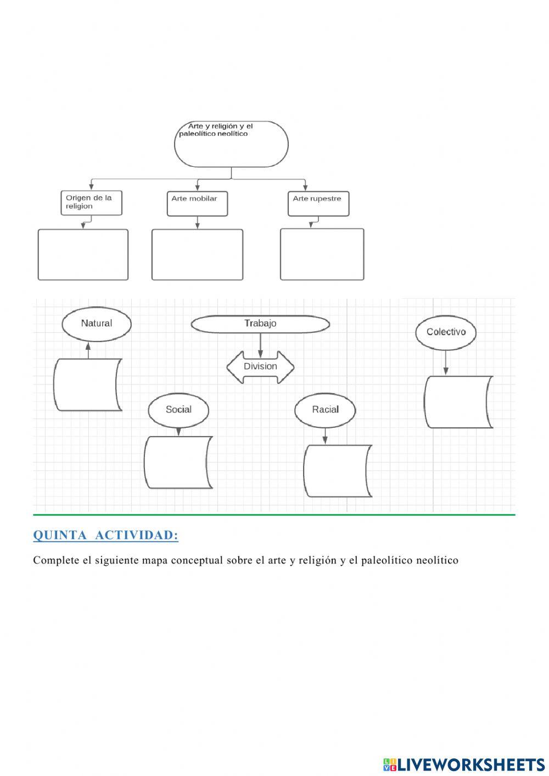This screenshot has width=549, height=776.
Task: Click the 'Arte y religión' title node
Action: (231, 144)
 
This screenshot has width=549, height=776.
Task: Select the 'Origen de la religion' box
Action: (91, 203)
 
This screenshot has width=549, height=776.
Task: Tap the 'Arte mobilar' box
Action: (197, 203)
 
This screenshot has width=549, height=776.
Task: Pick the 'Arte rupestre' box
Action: (318, 203)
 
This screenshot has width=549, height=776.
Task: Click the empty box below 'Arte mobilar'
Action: (197, 254)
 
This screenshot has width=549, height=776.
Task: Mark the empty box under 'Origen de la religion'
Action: (83, 254)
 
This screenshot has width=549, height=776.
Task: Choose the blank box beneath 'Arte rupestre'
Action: (322, 254)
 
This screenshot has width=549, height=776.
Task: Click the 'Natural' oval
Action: (97, 323)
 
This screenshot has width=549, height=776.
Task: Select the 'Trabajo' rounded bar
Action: (260, 324)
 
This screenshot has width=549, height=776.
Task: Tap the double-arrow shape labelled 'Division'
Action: (260, 367)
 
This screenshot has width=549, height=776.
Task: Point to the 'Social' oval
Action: (178, 410)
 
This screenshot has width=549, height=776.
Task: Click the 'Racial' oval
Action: (325, 410)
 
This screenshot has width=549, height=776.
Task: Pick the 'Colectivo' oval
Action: (446, 332)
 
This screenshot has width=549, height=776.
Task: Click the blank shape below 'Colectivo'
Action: (458, 402)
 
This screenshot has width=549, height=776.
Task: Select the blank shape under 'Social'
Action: (178, 462)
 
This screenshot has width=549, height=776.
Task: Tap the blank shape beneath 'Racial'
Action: (337, 471)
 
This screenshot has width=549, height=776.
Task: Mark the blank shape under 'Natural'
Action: (87, 384)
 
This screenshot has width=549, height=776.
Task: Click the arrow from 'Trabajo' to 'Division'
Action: (260, 343)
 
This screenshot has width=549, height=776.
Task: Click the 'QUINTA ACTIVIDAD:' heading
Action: (106, 535)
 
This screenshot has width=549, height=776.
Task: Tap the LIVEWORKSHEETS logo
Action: (464, 764)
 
